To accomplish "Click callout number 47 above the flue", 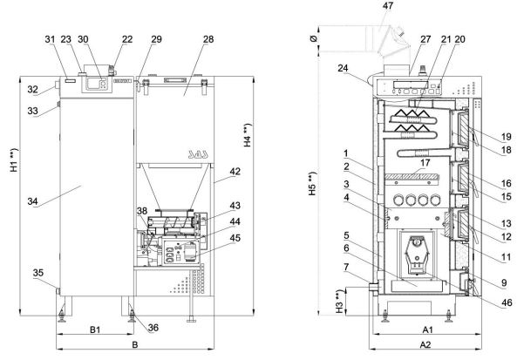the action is click(388, 6).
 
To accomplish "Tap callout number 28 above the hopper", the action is click(208, 39).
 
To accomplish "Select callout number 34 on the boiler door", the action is click(32, 201).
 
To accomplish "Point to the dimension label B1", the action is click(95, 330).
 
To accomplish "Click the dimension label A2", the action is click(425, 344).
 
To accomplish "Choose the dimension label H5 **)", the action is click(312, 184).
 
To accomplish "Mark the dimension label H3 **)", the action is click(339, 302).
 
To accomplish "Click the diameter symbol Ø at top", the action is click(314, 38).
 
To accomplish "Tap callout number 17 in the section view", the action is click(425, 163).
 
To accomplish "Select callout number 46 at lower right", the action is click(507, 302).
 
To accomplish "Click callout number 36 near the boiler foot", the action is click(153, 328).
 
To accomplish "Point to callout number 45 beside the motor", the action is click(235, 238).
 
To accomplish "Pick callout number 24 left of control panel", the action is click(343, 68).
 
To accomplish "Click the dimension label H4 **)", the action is click(248, 135).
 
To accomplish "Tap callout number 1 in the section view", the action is click(346, 153).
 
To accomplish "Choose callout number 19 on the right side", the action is click(507, 137).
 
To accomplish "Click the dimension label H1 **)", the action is click(13, 160).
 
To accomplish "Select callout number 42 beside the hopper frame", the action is click(235, 172).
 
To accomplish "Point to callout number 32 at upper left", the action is click(32, 89).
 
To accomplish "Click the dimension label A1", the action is click(427, 330).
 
